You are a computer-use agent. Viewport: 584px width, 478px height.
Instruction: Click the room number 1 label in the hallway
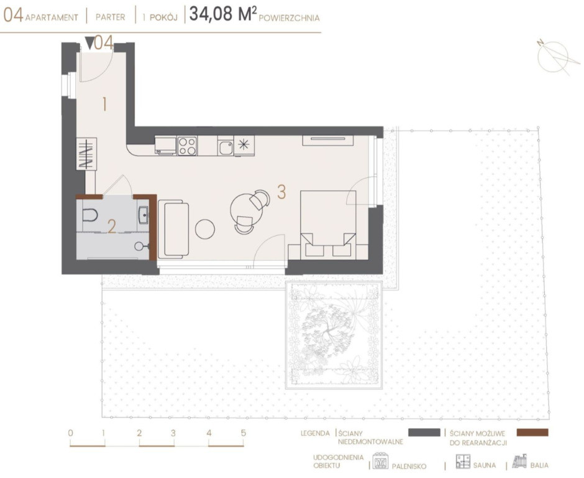tap(104, 104)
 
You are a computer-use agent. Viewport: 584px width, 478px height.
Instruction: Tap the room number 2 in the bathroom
tap(111, 227)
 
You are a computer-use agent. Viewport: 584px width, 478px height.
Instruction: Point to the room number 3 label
tap(281, 192)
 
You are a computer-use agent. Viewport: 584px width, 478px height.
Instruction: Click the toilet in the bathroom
tap(89, 215)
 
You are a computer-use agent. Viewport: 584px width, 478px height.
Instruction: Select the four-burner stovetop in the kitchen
tap(187, 146)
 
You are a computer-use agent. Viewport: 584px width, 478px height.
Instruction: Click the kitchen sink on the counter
tap(226, 147)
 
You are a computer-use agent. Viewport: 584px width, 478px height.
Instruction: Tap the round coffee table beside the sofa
tap(205, 229)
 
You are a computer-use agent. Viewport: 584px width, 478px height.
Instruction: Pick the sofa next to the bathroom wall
tap(173, 229)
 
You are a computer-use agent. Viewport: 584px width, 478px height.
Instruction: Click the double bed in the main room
tap(328, 223)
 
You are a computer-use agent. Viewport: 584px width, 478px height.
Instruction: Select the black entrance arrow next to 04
tap(89, 43)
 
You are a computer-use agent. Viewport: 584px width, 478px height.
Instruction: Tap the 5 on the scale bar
tap(244, 433)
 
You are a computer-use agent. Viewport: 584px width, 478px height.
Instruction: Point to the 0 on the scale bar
tap(71, 433)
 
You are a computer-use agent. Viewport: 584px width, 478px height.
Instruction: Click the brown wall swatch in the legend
tap(532, 433)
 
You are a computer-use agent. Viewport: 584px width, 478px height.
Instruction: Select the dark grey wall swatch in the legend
tap(424, 432)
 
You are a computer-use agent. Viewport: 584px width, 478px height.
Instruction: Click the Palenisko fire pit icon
tap(381, 461)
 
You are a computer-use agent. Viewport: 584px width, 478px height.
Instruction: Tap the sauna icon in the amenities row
tap(463, 461)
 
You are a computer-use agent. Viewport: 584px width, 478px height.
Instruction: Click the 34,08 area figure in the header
tap(211, 14)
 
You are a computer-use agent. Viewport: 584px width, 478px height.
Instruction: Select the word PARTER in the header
tap(110, 17)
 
